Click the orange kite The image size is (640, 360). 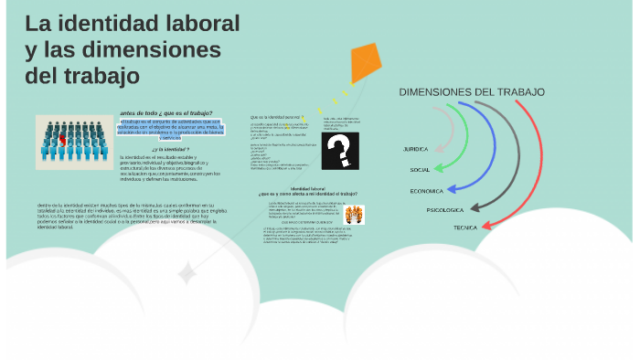tap(365, 61)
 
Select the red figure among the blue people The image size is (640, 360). tap(62, 138)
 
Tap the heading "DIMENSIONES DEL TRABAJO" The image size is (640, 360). tap(472, 92)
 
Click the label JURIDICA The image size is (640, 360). tap(415, 149)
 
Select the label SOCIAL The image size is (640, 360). tap(420, 170)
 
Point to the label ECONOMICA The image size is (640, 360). tap(426, 190)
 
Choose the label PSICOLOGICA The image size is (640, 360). tap(445, 210)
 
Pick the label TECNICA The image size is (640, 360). tap(465, 227)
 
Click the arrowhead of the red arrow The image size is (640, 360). tap(487, 225)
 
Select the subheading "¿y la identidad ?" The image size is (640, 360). tap(171, 149)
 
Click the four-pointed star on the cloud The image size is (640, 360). tap(187, 272)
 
